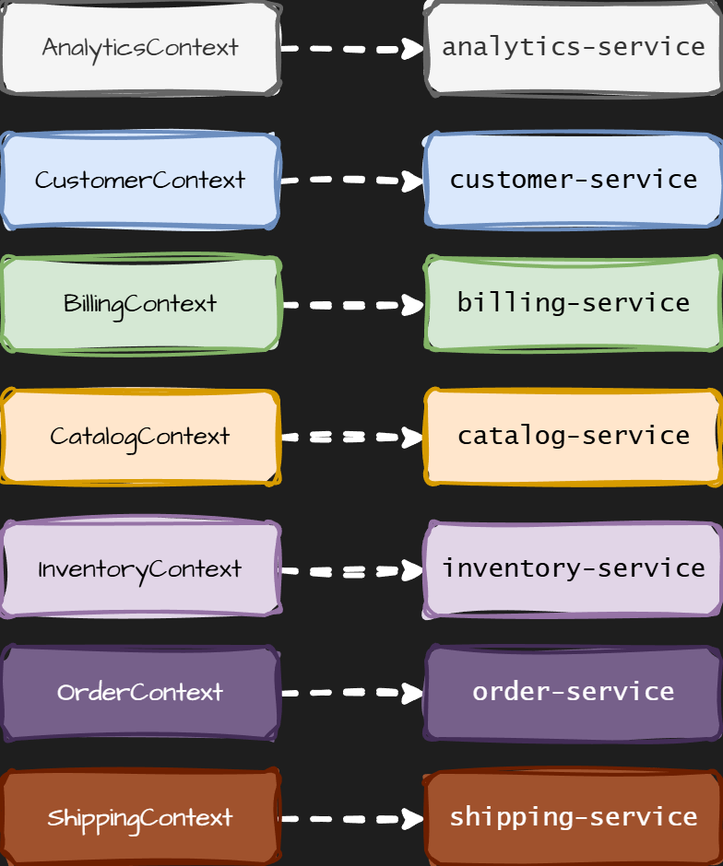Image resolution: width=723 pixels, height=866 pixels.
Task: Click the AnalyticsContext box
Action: click(x=140, y=48)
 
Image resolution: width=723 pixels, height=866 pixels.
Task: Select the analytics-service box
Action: click(x=573, y=48)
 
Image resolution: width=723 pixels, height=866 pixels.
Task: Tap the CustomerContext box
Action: click(x=140, y=181)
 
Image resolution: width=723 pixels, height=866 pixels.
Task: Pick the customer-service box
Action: click(x=573, y=181)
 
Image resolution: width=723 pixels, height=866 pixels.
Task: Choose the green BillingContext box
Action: click(x=140, y=304)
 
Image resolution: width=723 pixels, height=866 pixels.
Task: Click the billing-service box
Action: click(x=573, y=304)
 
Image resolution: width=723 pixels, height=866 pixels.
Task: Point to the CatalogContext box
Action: click(x=140, y=437)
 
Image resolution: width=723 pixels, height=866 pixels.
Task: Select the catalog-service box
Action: click(x=573, y=437)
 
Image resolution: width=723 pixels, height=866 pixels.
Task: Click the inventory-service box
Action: click(x=573, y=569)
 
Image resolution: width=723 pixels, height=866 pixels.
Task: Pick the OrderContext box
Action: click(x=140, y=693)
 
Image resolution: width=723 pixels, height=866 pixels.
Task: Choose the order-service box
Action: click(x=573, y=693)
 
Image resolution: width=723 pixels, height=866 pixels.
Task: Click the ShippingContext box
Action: click(x=140, y=818)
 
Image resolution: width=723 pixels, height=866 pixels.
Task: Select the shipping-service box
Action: click(x=573, y=818)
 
